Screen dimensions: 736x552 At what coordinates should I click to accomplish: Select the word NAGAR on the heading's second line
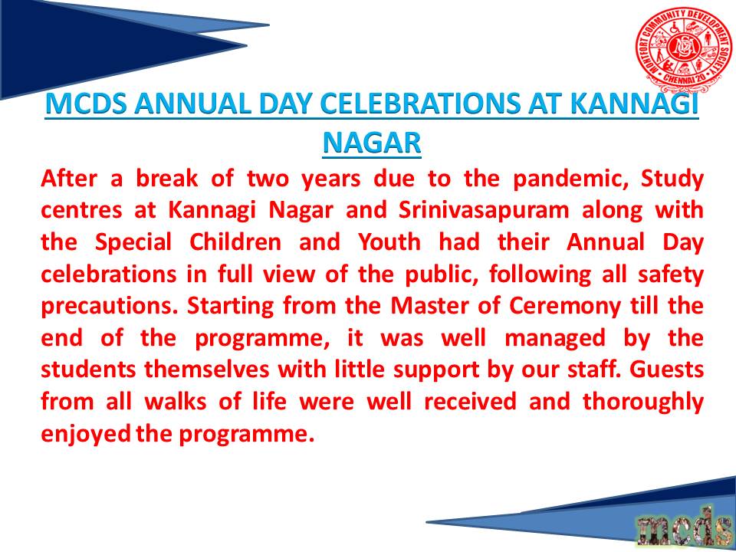click(x=372, y=143)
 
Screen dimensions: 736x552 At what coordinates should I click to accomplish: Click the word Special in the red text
click(x=133, y=243)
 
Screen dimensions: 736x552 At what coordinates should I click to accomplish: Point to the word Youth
click(x=389, y=242)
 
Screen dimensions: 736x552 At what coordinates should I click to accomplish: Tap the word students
click(x=89, y=370)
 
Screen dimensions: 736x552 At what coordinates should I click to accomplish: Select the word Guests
click(x=666, y=370)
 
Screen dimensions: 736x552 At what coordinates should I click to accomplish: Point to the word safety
click(x=671, y=275)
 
